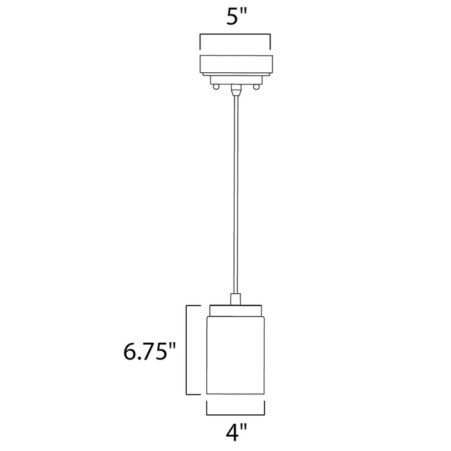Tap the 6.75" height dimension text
click(149, 351)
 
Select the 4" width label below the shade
click(235, 432)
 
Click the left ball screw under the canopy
click(217, 86)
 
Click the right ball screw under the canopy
click(258, 86)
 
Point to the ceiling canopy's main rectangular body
click(237, 65)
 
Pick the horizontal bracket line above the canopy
click(237, 37)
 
